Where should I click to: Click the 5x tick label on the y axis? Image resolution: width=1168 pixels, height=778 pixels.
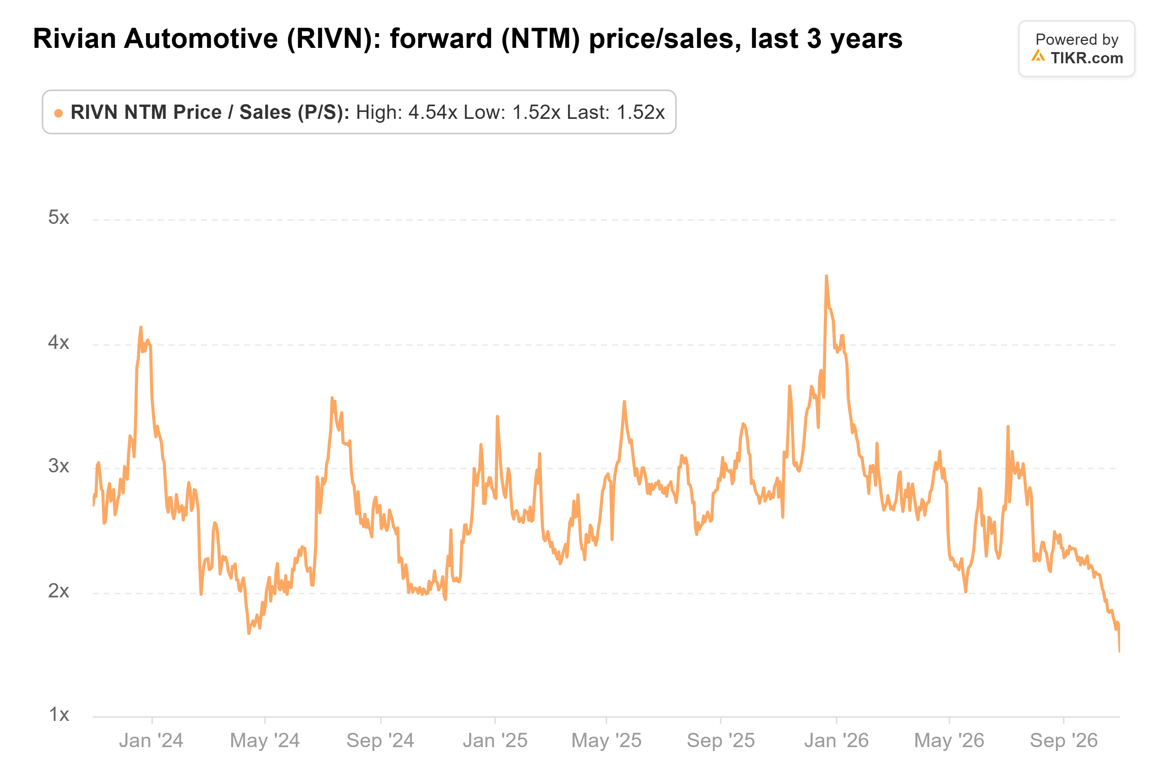pos(59,217)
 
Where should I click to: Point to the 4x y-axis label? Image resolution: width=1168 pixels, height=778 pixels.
pos(59,342)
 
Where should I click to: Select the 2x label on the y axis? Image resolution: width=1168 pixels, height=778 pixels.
pos(59,591)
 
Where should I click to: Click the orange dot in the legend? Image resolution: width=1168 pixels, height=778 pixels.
pos(59,113)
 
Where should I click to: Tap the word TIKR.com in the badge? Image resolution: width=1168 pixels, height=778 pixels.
pos(1087,58)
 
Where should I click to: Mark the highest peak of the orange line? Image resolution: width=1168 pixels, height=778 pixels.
pos(826,276)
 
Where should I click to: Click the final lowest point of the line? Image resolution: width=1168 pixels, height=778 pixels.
pos(1119,651)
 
